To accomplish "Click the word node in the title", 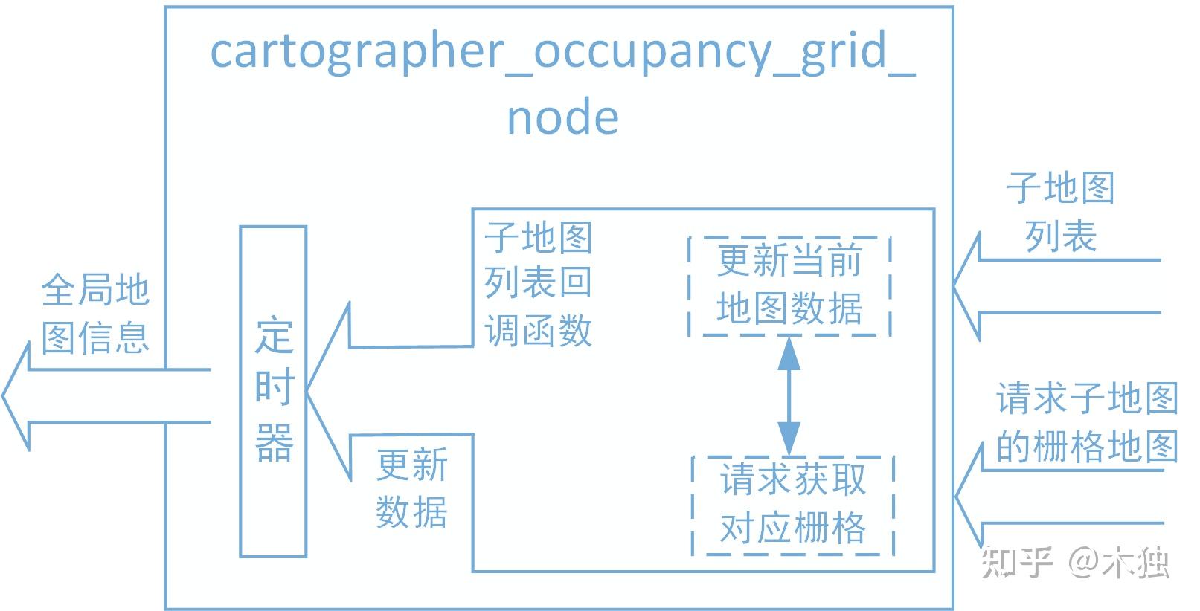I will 562,118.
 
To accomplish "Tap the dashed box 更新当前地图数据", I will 789,285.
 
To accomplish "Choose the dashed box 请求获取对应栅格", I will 792,505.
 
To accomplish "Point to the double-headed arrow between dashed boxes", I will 789,396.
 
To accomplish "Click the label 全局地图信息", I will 95,313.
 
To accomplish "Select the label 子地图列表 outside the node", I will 1060,212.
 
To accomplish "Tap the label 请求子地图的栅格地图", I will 1086,422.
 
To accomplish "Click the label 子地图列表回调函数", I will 538,284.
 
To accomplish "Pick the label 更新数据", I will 411,488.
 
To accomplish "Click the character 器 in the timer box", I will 274,444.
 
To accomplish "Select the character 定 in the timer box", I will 274,336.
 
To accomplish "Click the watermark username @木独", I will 1120,563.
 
